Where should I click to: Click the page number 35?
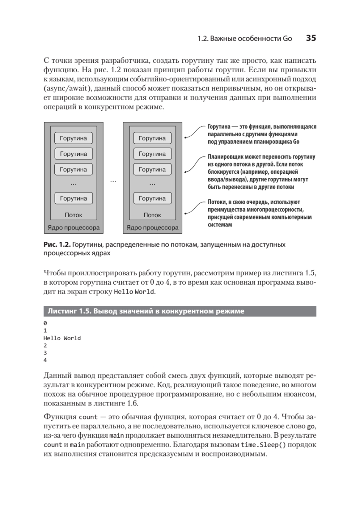point(311,38)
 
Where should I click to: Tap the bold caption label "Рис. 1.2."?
point(57,245)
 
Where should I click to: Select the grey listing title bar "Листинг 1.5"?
point(179,311)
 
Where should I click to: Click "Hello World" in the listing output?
point(62,338)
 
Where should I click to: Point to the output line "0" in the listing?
point(45,323)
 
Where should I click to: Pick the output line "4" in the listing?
point(45,361)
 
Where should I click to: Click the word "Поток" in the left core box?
point(73,215)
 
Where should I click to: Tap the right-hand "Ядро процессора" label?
point(152,227)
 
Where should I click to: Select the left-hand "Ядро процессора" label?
point(73,227)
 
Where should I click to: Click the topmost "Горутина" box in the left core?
point(73,138)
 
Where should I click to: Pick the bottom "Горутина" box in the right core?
point(152,198)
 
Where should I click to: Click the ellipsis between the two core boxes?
point(113,181)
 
